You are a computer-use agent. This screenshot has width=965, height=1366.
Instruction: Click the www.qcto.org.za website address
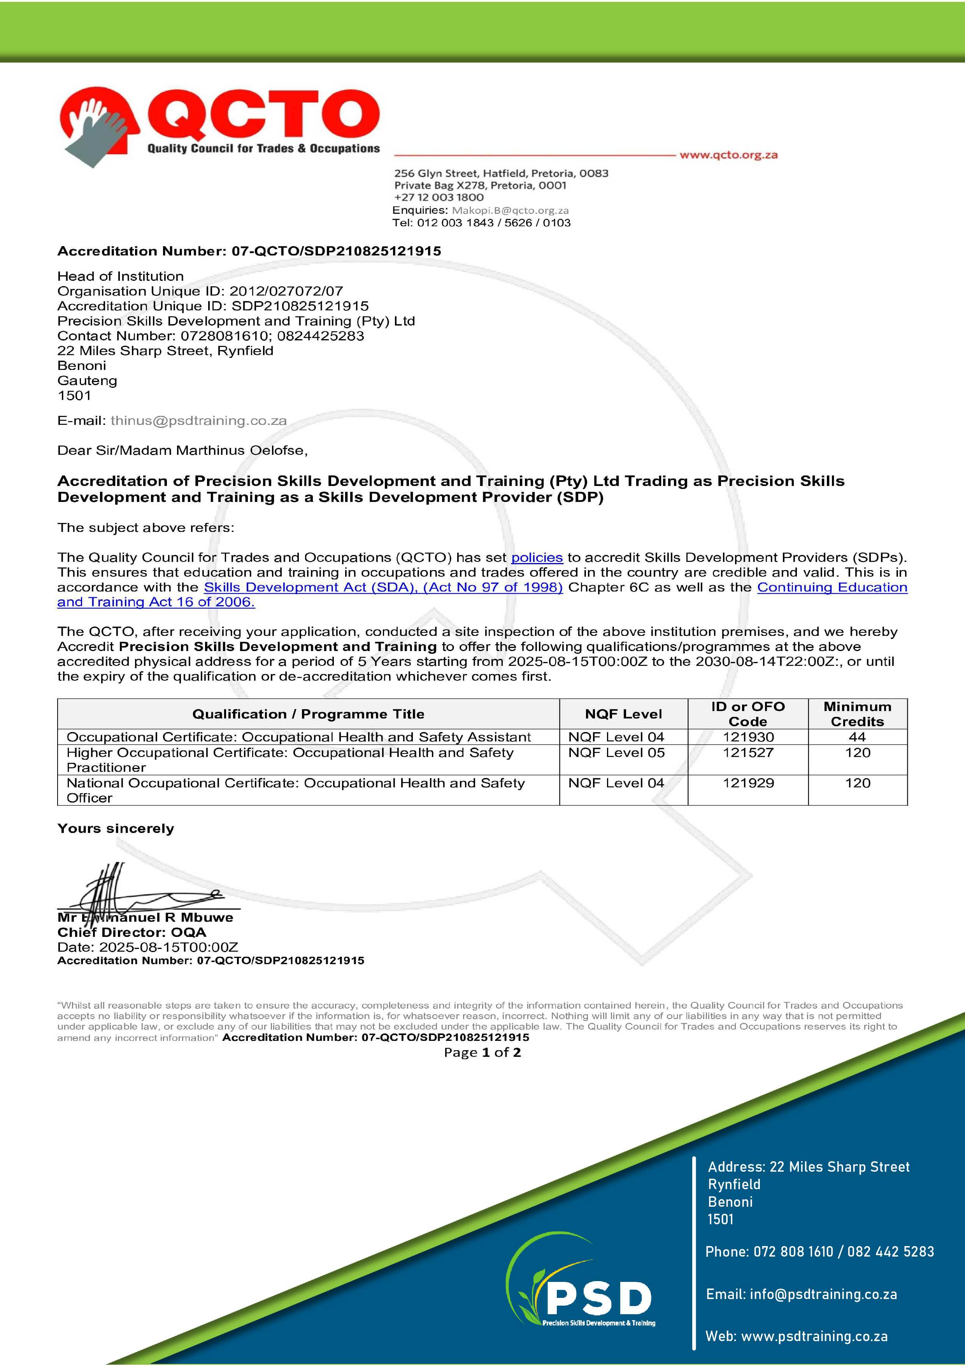[728, 155]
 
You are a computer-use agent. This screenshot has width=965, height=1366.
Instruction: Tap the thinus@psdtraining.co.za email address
[198, 421]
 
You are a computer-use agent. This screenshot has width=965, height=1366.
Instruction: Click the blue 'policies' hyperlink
[537, 558]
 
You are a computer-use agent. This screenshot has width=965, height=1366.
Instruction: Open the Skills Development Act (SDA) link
[383, 587]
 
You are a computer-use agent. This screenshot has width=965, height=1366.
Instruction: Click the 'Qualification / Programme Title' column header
[308, 714]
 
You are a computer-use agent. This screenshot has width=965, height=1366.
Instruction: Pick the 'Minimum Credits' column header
[857, 714]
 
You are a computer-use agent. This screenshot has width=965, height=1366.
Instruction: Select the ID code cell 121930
[748, 737]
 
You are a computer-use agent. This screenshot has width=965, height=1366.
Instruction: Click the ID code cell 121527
[748, 753]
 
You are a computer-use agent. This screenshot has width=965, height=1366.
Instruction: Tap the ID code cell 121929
[748, 783]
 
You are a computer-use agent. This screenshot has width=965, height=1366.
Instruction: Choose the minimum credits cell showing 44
[857, 737]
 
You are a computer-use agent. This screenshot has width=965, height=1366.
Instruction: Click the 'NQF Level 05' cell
[616, 753]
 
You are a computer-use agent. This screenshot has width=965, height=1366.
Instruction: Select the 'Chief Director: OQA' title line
[132, 932]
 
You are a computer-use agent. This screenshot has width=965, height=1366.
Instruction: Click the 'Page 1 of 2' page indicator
[482, 1053]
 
